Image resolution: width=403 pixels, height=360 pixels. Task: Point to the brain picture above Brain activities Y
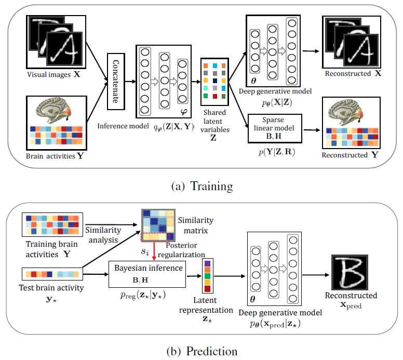pyautogui.click(x=52, y=110)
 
